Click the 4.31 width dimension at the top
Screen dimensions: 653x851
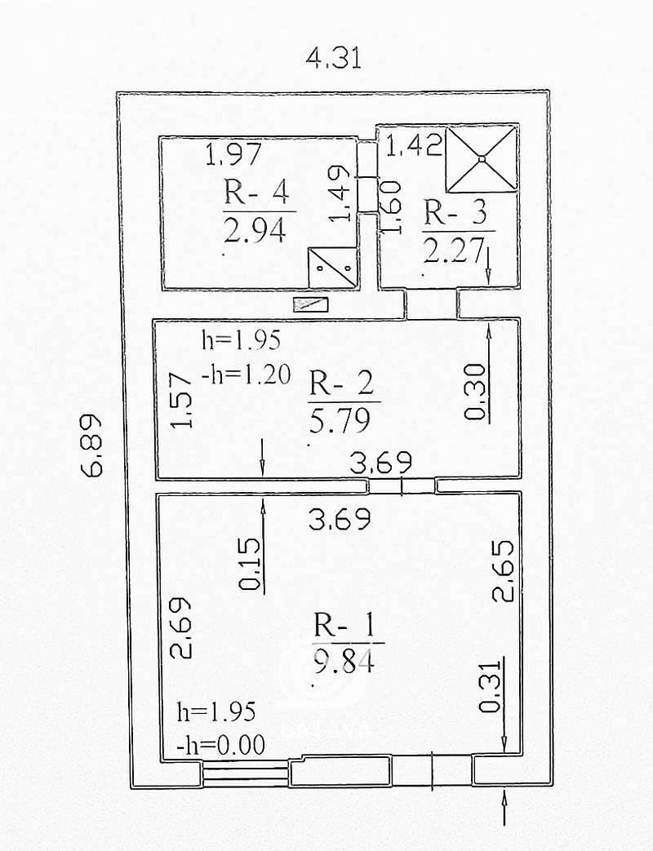point(333,58)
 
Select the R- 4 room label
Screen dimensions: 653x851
point(256,192)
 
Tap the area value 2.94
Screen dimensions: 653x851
point(255,231)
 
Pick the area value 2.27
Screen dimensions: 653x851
point(453,250)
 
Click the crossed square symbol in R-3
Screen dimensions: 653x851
point(481,158)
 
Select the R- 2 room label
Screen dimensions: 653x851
point(341,383)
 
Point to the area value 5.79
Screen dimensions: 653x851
point(340,420)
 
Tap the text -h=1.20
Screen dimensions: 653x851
point(246,375)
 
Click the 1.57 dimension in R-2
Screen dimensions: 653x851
point(181,401)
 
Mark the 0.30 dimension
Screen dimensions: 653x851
point(475,392)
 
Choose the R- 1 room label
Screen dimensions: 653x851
point(344,625)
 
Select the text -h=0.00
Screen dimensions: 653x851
point(221,745)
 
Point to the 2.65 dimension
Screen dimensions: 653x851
point(503,570)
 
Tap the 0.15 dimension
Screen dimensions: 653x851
point(250,564)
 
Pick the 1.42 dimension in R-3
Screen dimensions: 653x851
point(414,145)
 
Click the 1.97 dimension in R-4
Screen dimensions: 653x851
point(234,154)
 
